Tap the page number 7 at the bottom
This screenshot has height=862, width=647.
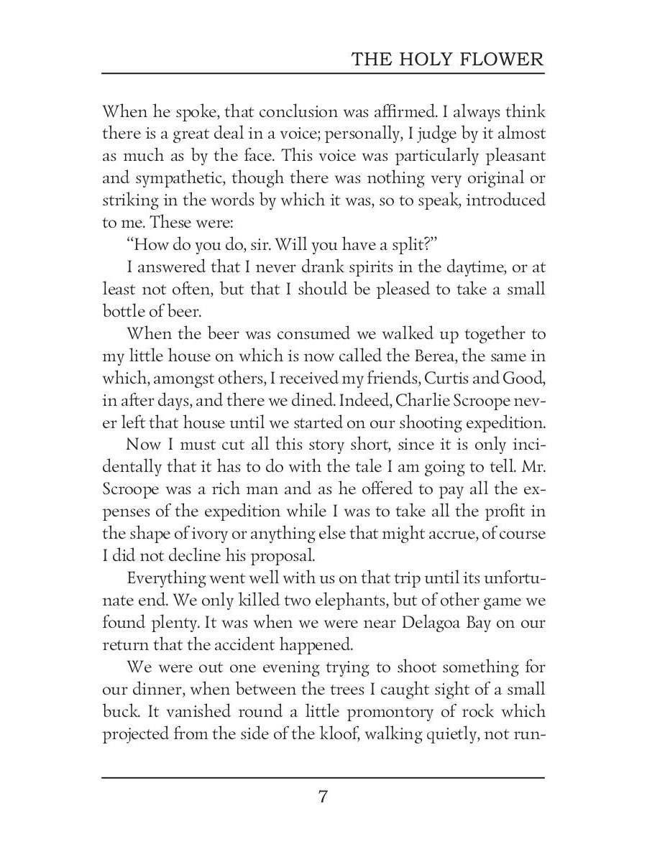pyautogui.click(x=323, y=797)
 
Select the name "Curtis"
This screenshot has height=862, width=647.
pyautogui.click(x=445, y=379)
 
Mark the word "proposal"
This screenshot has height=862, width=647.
pyautogui.click(x=260, y=555)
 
